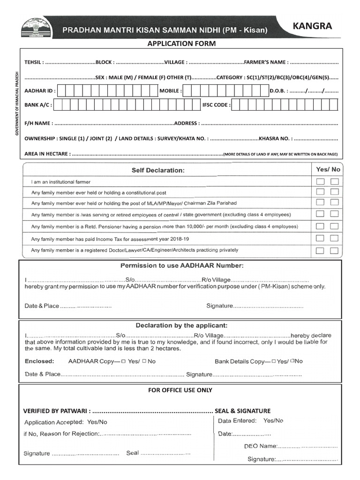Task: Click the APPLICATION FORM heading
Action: (x=181, y=44)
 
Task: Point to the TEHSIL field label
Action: (x=34, y=62)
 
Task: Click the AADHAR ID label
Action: (x=39, y=91)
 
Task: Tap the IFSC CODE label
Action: (x=216, y=105)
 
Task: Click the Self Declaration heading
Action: (x=158, y=170)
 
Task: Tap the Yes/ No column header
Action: (x=328, y=169)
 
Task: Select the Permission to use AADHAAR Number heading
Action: (x=182, y=266)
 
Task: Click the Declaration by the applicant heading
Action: (x=181, y=325)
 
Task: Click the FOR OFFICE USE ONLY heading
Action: (x=180, y=390)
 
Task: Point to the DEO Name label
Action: (x=261, y=446)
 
